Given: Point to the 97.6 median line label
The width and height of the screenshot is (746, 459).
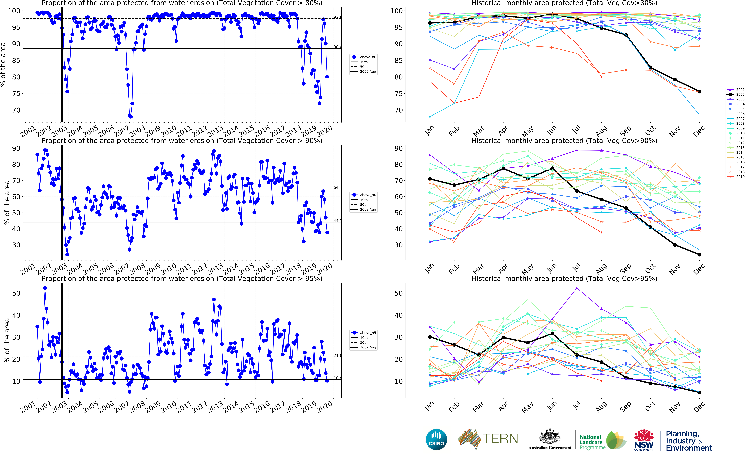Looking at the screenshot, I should [x=337, y=17].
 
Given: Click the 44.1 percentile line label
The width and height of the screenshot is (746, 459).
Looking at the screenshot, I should [x=337, y=221].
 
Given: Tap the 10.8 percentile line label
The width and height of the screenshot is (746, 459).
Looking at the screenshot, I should [x=337, y=378].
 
